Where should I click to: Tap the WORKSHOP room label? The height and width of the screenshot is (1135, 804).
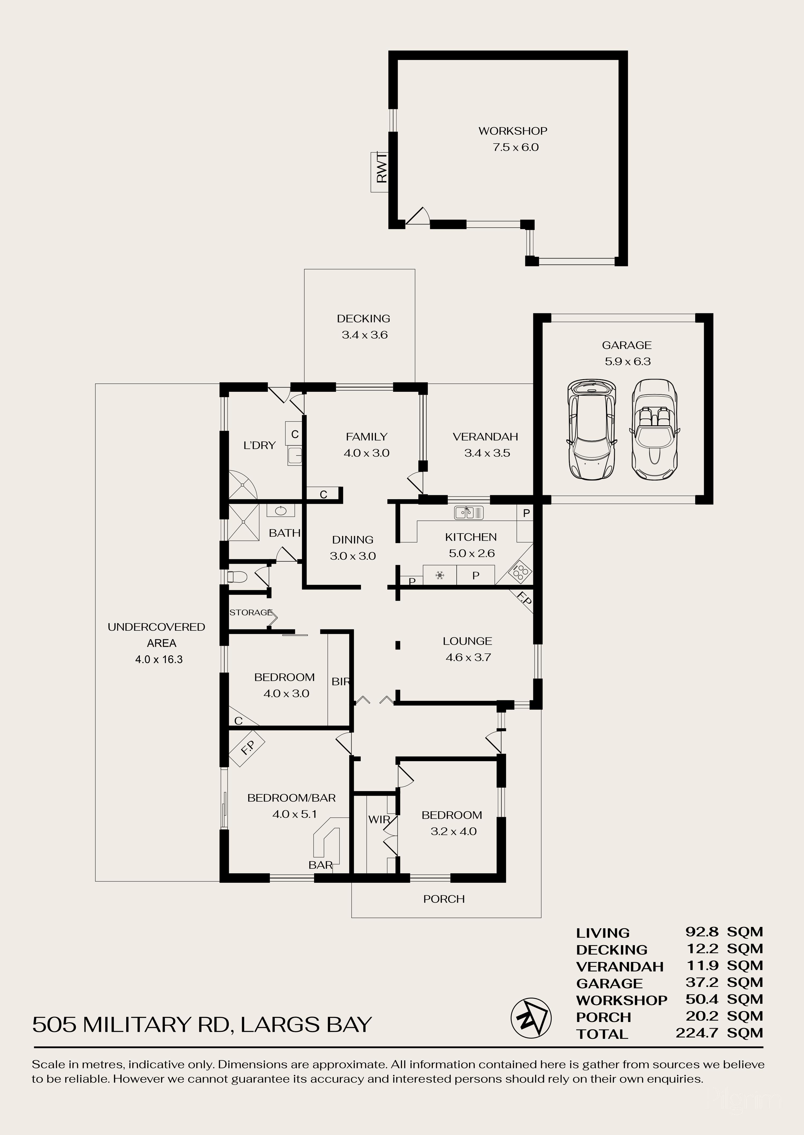tap(512, 131)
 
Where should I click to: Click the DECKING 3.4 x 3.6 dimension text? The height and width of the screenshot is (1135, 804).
tap(364, 335)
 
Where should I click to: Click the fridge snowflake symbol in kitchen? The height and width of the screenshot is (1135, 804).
tap(440, 575)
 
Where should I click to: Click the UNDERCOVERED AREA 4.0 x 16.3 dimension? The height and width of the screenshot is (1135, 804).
tap(159, 660)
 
